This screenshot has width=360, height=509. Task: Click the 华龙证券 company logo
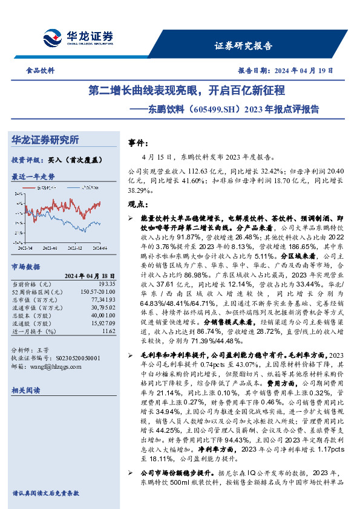(78, 37)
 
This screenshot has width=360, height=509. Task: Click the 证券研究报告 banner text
(244, 46)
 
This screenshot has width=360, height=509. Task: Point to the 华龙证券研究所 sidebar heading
(45, 140)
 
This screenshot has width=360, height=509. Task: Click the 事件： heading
(140, 143)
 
